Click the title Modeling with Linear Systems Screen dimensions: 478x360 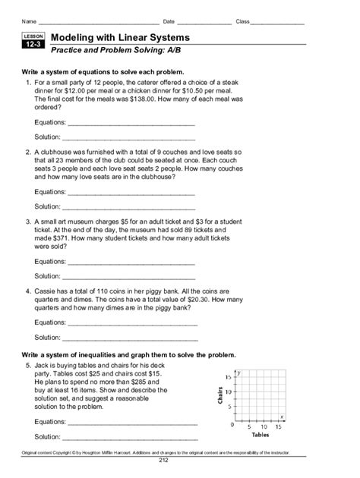coord(120,37)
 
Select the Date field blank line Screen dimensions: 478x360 coord(204,20)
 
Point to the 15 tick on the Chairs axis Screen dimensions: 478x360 coord(229,377)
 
